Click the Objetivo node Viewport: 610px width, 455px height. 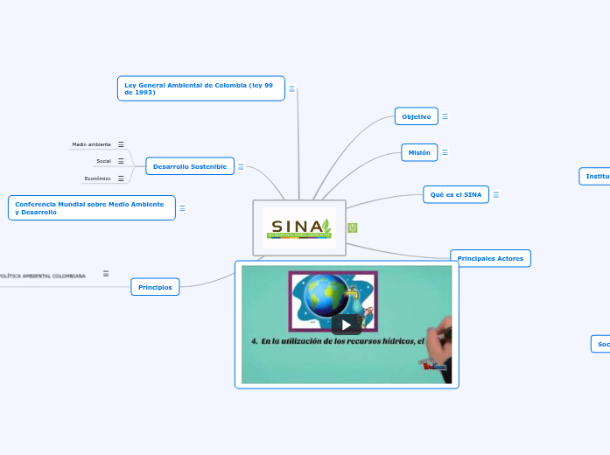click(417, 116)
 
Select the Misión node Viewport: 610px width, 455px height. click(419, 152)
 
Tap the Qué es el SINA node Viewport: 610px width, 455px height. click(456, 194)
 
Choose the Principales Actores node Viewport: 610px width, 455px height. click(490, 258)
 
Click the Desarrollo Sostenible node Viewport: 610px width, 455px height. click(189, 166)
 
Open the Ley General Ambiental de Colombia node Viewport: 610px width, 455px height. click(200, 88)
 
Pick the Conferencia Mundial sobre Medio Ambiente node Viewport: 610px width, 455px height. click(91, 208)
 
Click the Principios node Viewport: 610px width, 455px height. click(155, 287)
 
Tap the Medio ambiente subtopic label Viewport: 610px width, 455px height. click(91, 144)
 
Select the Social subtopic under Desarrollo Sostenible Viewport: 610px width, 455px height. click(103, 161)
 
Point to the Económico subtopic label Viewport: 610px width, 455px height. click(97, 178)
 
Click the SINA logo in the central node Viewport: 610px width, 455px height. click(299, 227)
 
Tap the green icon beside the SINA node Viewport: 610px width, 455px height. click(353, 227)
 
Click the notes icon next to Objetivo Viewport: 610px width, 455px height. click(445, 116)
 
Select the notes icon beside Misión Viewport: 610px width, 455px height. click(445, 152)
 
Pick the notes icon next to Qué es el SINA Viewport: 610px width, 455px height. click(496, 194)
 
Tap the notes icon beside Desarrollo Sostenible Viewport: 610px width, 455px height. click(241, 166)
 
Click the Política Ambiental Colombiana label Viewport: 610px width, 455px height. click(44, 275)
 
